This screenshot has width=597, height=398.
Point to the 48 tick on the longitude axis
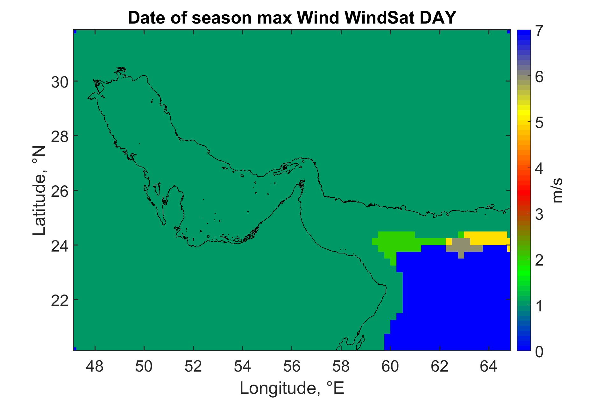coord(95,367)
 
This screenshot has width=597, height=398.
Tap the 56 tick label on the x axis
coord(292,367)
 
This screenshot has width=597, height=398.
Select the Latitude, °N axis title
coord(39,191)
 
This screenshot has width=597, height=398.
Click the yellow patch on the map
coord(486,238)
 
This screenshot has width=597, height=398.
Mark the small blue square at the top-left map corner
coord(75,32)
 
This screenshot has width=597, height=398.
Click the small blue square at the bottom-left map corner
coord(75,349)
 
